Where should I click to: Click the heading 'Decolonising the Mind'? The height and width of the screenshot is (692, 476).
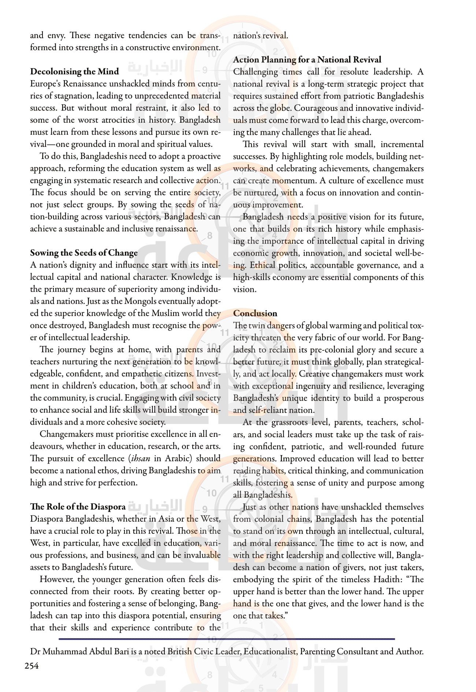tap(74, 71)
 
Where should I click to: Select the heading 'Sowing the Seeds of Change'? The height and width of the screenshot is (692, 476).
tap(84, 253)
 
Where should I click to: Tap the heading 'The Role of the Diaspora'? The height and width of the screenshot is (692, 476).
tap(78, 507)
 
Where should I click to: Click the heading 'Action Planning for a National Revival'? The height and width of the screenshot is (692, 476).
tap(307, 60)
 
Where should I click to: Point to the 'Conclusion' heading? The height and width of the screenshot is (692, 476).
tap(255, 313)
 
